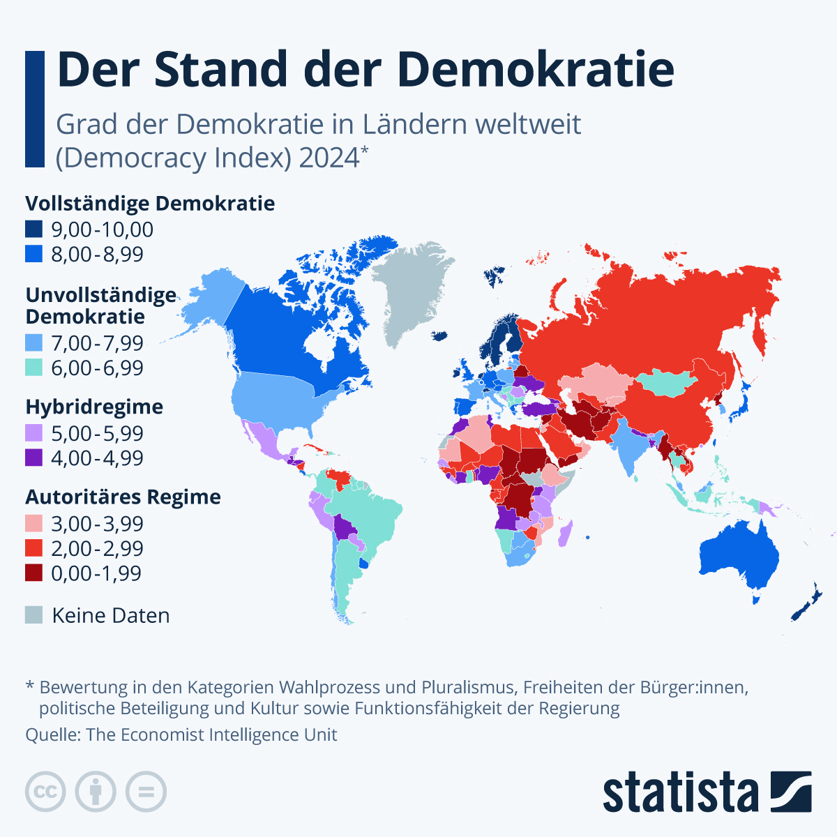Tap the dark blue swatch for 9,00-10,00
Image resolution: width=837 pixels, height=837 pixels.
click(34, 229)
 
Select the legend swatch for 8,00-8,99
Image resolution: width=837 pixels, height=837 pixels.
click(34, 254)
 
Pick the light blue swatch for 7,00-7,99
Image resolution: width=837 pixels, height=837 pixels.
click(34, 343)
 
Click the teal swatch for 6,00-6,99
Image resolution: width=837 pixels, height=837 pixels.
click(34, 368)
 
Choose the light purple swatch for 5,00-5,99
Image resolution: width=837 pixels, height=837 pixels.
click(34, 433)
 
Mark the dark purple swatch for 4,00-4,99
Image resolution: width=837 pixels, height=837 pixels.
click(34, 458)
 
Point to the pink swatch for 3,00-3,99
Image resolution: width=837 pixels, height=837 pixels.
click(34, 523)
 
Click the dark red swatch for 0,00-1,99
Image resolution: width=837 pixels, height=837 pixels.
click(34, 573)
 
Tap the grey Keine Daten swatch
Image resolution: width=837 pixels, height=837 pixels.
click(34, 615)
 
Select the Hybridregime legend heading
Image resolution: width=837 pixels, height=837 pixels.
click(94, 407)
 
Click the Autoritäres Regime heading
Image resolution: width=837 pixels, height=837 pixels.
click(123, 497)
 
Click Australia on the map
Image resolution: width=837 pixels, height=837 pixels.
click(739, 558)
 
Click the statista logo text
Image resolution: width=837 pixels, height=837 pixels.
click(680, 792)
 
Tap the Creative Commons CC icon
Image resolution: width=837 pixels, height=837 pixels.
click(45, 792)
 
